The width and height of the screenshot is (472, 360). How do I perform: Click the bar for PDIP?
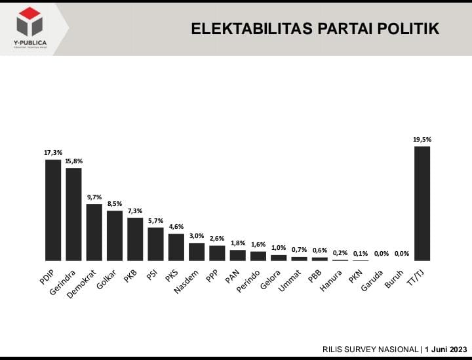pos(52,210)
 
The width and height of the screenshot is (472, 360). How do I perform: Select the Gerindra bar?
pos(73,214)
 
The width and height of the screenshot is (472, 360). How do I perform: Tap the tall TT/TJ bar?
pos(422,203)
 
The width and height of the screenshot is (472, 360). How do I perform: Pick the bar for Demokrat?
pos(94,232)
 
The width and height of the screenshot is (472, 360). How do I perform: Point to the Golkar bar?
pos(115,235)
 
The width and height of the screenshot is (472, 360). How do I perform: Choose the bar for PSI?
pos(155,244)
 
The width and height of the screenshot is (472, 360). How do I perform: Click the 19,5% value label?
pos(422,139)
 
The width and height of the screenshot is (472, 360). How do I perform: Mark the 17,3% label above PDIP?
pos(53,153)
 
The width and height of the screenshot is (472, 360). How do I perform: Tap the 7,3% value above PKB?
pos(135,210)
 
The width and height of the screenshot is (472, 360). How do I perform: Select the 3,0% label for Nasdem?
pos(197,236)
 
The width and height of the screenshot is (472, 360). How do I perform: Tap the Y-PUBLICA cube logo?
pos(29,22)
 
